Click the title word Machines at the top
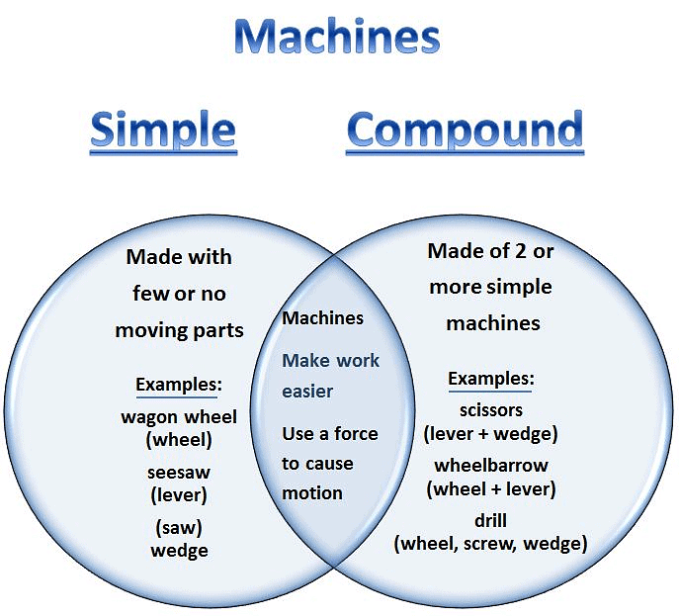(337, 37)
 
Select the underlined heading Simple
(163, 130)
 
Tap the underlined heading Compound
(465, 130)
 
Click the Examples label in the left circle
(179, 385)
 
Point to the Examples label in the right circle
(491, 379)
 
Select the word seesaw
(179, 472)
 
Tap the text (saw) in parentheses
(179, 527)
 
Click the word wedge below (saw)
(179, 550)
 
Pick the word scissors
(491, 409)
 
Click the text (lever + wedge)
(491, 433)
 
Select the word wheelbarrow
(491, 465)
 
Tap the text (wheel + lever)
(491, 488)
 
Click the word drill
(491, 520)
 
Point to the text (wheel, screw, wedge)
(491, 543)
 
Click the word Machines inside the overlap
(323, 318)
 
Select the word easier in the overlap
(307, 392)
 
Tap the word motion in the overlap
(312, 492)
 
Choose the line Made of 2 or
(491, 251)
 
